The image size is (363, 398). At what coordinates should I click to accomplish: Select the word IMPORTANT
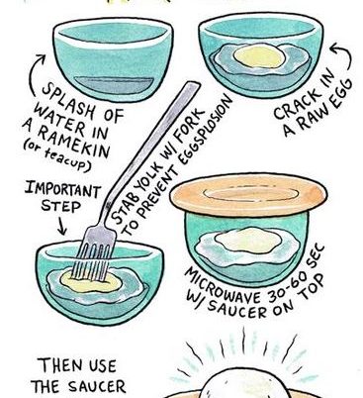(x=62, y=189)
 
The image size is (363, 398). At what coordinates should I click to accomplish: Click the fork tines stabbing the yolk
(x=95, y=260)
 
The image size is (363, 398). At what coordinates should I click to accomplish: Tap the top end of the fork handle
(x=193, y=85)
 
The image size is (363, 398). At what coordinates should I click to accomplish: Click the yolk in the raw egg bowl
(x=260, y=56)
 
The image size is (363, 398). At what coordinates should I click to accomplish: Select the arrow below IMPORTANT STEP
(x=62, y=225)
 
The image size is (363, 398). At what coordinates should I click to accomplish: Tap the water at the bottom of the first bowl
(x=114, y=85)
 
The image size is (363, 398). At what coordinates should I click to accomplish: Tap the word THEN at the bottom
(x=59, y=365)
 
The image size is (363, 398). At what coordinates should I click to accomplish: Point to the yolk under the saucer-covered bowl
(x=248, y=241)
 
